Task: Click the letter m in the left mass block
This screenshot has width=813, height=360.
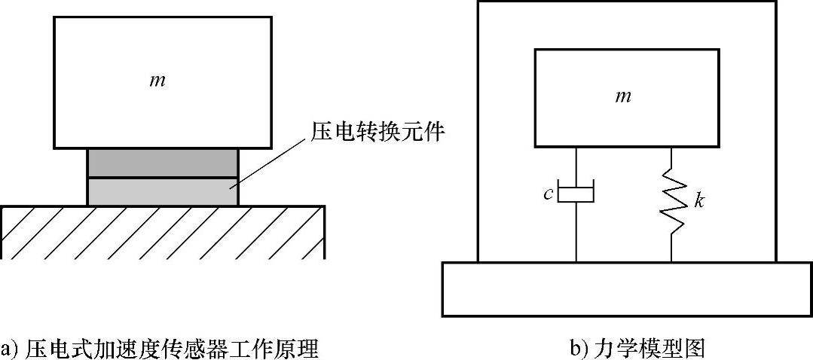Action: tap(157, 80)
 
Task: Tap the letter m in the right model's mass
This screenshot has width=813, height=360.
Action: tap(622, 96)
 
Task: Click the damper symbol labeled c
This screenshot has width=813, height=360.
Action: tap(576, 193)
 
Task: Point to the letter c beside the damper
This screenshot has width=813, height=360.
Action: tap(549, 194)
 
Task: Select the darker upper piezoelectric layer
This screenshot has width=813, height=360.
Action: tap(163, 163)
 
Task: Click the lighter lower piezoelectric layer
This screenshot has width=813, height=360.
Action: tap(163, 191)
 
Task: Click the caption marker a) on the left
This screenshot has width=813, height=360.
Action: tap(10, 349)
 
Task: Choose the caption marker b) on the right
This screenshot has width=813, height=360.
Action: tap(579, 349)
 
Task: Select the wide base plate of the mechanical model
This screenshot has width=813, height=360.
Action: tap(626, 288)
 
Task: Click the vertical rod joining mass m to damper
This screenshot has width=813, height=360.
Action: tap(576, 163)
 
